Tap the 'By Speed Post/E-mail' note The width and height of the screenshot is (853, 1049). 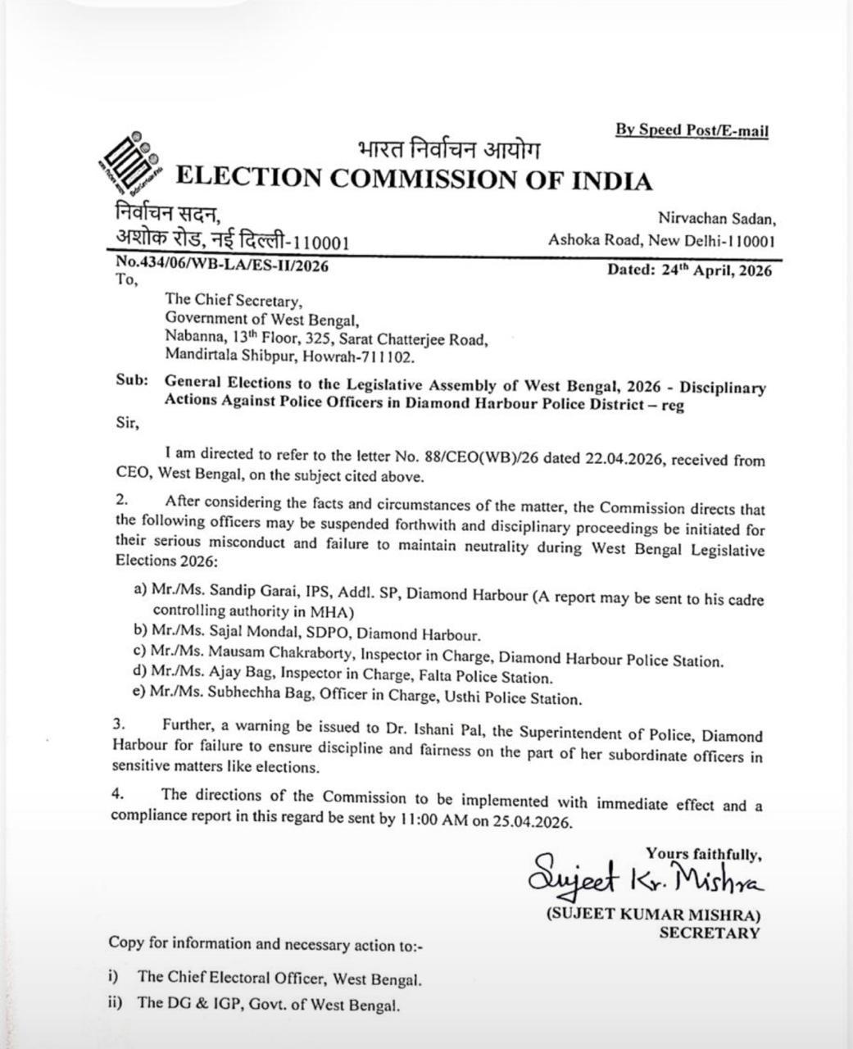click(x=692, y=129)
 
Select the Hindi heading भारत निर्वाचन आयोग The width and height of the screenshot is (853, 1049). click(x=449, y=151)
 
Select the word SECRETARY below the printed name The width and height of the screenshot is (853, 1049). click(x=709, y=933)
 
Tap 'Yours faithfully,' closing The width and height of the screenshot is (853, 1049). click(x=703, y=854)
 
